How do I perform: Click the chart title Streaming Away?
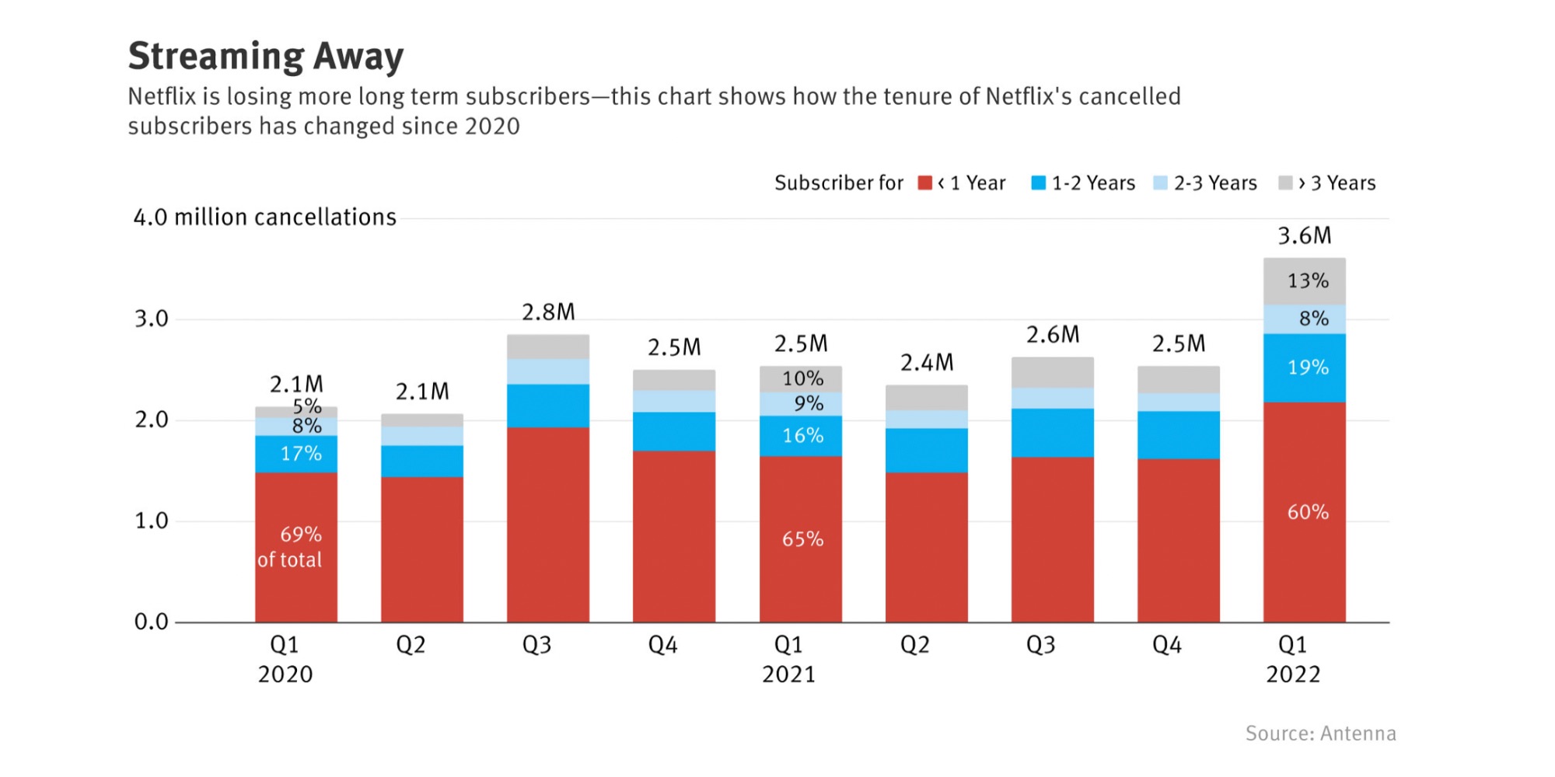click(x=266, y=56)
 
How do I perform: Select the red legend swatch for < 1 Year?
click(x=924, y=183)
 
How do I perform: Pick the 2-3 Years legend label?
click(x=1214, y=183)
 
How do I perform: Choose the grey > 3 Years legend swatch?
click(x=1285, y=183)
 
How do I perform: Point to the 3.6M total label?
click(x=1305, y=235)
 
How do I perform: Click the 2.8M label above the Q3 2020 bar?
click(x=548, y=312)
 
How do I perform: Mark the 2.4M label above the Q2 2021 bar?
click(x=927, y=363)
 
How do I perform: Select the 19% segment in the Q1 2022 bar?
click(x=1308, y=368)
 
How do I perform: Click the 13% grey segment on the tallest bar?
click(x=1308, y=280)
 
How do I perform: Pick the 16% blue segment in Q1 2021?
click(x=802, y=436)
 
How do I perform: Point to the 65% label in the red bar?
click(x=802, y=539)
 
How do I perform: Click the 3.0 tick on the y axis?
click(x=151, y=319)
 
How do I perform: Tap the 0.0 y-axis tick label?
click(x=151, y=622)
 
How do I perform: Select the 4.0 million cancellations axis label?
click(x=264, y=218)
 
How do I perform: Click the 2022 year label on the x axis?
click(x=1292, y=674)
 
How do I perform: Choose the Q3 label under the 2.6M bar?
click(x=1040, y=645)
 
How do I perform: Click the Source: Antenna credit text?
click(x=1320, y=733)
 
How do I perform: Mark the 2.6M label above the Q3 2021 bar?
click(x=1053, y=335)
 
